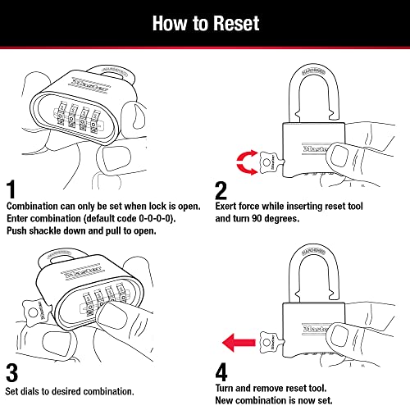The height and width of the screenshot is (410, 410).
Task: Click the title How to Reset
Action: pyautogui.click(x=204, y=23)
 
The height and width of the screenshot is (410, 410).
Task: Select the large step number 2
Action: pyautogui.click(x=221, y=190)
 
